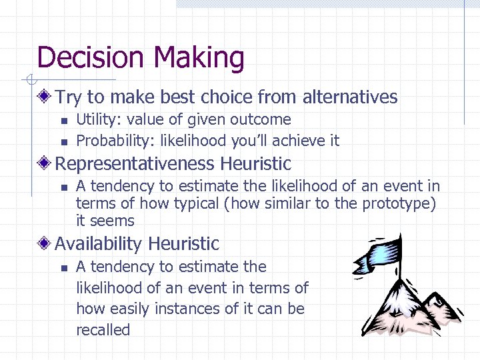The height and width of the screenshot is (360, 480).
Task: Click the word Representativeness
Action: (135, 163)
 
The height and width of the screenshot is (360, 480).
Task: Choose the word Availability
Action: (99, 244)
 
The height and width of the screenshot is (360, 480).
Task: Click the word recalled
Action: (103, 330)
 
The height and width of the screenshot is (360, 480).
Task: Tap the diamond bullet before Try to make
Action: (45, 97)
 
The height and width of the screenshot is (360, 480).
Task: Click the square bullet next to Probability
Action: (63, 141)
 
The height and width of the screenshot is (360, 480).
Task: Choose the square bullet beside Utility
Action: (63, 121)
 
